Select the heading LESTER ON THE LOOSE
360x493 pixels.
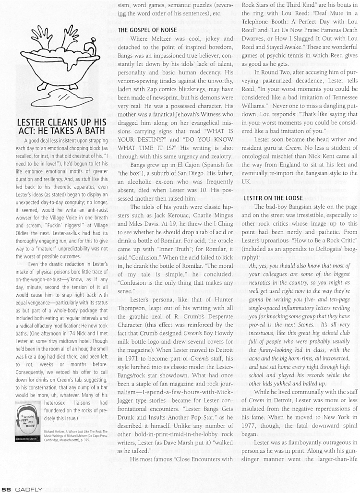(x=273, y=198)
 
